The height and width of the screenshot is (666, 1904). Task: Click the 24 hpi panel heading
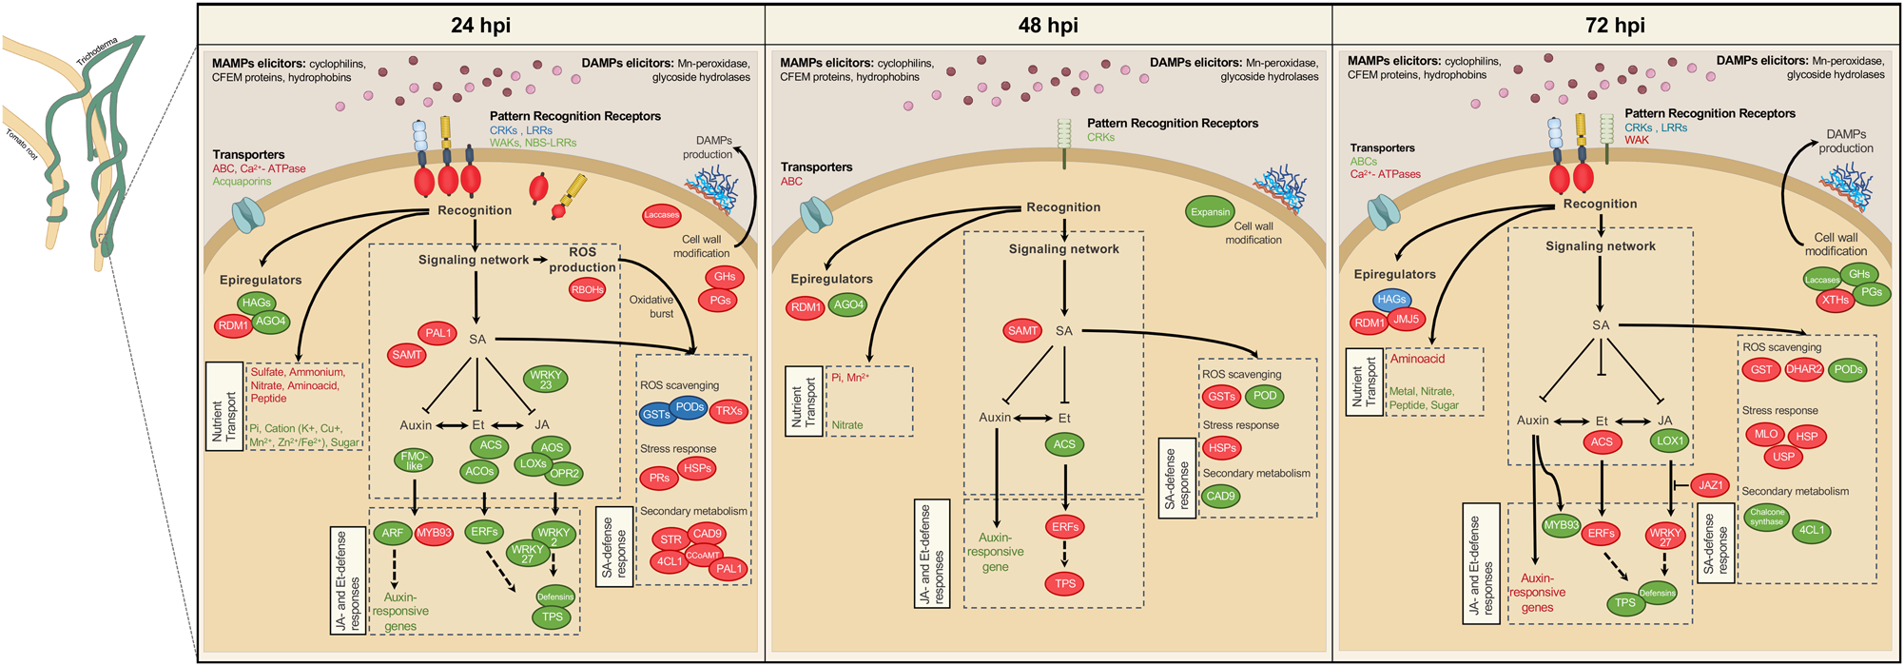pos(480,26)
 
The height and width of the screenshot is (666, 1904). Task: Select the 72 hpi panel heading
pos(1615,26)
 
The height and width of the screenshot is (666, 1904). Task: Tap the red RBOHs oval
pos(587,290)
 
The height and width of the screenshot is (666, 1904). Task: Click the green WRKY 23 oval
pos(546,380)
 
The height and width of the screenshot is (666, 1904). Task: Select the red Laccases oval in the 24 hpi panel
pos(661,215)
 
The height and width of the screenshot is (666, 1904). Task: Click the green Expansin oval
pos(1210,212)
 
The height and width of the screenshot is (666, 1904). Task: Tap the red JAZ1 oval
pos(1710,485)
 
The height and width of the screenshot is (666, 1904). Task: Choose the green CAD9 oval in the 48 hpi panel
pos(1220,496)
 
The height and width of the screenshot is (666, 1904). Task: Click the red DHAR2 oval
pos(1803,370)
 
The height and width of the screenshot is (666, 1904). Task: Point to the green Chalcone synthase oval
pos(1767,518)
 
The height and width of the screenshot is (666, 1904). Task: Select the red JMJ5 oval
pos(1406,320)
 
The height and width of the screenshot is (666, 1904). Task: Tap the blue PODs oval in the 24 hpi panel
pos(690,407)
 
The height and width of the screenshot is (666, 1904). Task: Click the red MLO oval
pos(1765,434)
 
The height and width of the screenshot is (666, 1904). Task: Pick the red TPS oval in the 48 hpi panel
pos(1064,584)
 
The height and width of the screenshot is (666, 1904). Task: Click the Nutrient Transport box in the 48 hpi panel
pos(805,401)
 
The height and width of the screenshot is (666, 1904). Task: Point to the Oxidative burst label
pos(651,306)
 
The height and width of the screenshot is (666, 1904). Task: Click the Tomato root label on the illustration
pos(22,144)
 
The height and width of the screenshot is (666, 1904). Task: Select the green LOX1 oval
pos(1670,441)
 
